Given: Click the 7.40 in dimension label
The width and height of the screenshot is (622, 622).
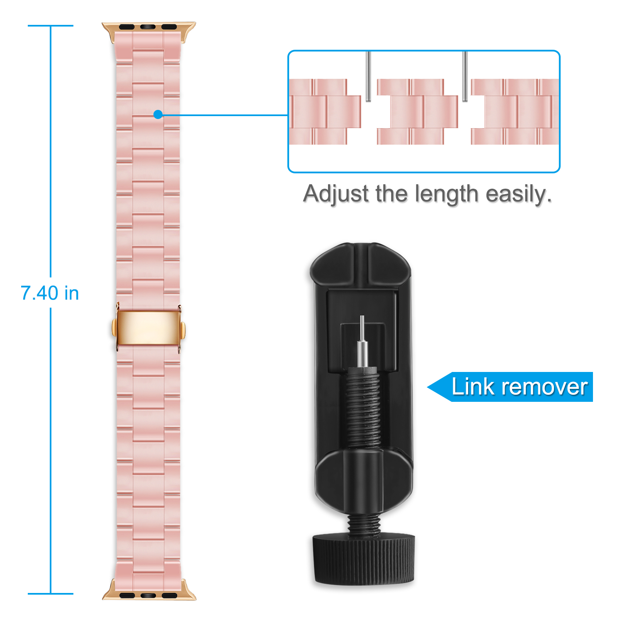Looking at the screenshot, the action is point(50,293).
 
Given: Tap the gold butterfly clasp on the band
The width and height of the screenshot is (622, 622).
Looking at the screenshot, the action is point(148,328).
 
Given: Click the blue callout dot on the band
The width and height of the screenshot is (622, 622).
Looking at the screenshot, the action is point(158,114).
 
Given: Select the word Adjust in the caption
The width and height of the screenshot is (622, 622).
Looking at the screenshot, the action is point(336,194).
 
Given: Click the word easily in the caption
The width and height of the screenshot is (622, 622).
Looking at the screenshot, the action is point(519,194).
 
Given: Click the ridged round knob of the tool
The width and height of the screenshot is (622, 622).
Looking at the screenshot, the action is point(364,558).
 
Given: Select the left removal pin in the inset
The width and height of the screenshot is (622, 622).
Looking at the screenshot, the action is point(368,76).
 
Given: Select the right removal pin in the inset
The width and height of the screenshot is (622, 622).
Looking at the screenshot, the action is point(465,76).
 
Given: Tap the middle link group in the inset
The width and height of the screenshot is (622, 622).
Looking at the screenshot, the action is point(418,112).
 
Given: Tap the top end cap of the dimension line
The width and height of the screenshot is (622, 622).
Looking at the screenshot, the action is point(51,26).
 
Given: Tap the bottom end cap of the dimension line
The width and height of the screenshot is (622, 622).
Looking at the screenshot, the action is point(51,593).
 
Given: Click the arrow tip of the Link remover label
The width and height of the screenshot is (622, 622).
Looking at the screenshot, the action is point(428,387).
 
